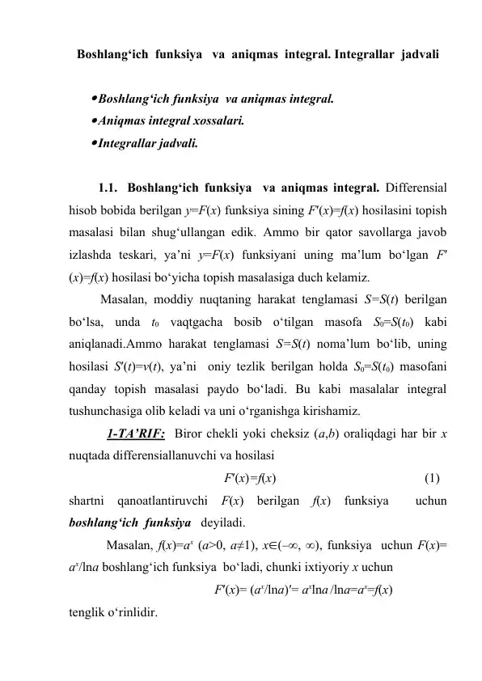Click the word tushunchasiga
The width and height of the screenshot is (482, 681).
pos(108,411)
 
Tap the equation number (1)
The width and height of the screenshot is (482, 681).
pos(433,477)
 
